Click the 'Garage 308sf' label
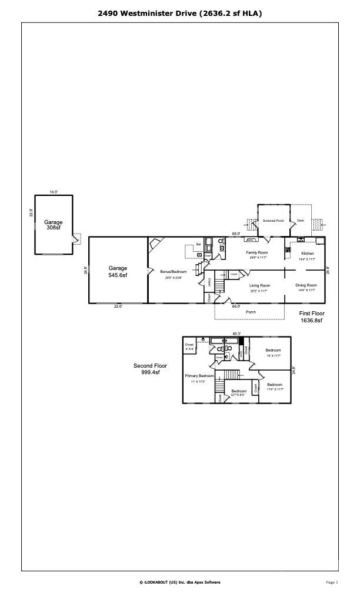point(53,225)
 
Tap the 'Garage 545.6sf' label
point(118,271)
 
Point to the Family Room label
point(256,252)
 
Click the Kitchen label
point(308,253)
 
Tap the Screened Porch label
point(273,221)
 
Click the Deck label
point(300,221)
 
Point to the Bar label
point(199,244)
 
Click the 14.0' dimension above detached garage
point(53,192)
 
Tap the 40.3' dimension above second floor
point(236,334)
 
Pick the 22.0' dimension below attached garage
point(118,306)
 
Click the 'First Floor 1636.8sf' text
point(311,317)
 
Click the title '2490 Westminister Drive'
point(180,12)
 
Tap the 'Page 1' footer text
point(332,582)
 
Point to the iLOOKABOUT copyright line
point(180,582)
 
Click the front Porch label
point(251,312)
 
